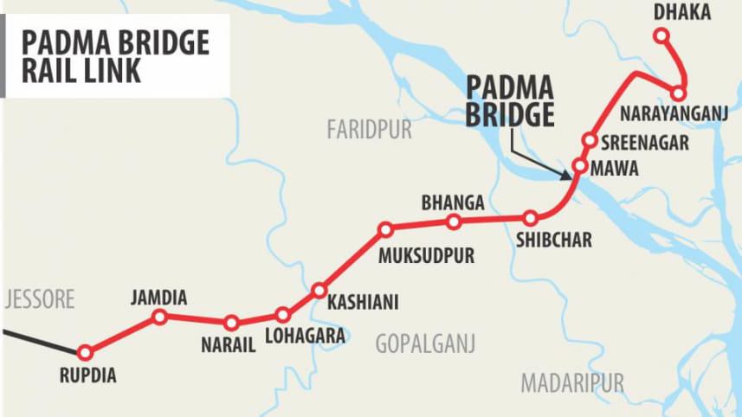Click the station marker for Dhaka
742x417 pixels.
pyautogui.click(x=661, y=35)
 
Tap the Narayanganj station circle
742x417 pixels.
pyautogui.click(x=680, y=93)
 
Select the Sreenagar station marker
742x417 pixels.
pyautogui.click(x=590, y=140)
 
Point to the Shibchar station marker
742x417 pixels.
pyautogui.click(x=531, y=219)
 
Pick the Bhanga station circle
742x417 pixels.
pyautogui.click(x=454, y=222)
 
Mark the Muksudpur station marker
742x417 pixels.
pyautogui.click(x=386, y=230)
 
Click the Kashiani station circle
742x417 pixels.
pyautogui.click(x=319, y=290)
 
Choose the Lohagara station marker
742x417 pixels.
pyautogui.click(x=282, y=315)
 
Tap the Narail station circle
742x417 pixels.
pyautogui.click(x=231, y=323)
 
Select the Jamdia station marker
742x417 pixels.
pyautogui.click(x=159, y=318)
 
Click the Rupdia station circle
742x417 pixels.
pyautogui.click(x=85, y=353)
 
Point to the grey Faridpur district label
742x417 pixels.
pyautogui.click(x=369, y=131)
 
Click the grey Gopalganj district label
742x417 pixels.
pyautogui.click(x=425, y=344)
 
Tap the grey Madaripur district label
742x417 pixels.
pyautogui.click(x=572, y=382)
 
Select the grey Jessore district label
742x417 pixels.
pyautogui.click(x=38, y=300)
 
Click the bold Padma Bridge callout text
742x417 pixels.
pyautogui.click(x=510, y=102)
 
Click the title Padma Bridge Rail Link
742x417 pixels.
pyautogui.click(x=115, y=56)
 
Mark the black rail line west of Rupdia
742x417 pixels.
pyautogui.click(x=39, y=341)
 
